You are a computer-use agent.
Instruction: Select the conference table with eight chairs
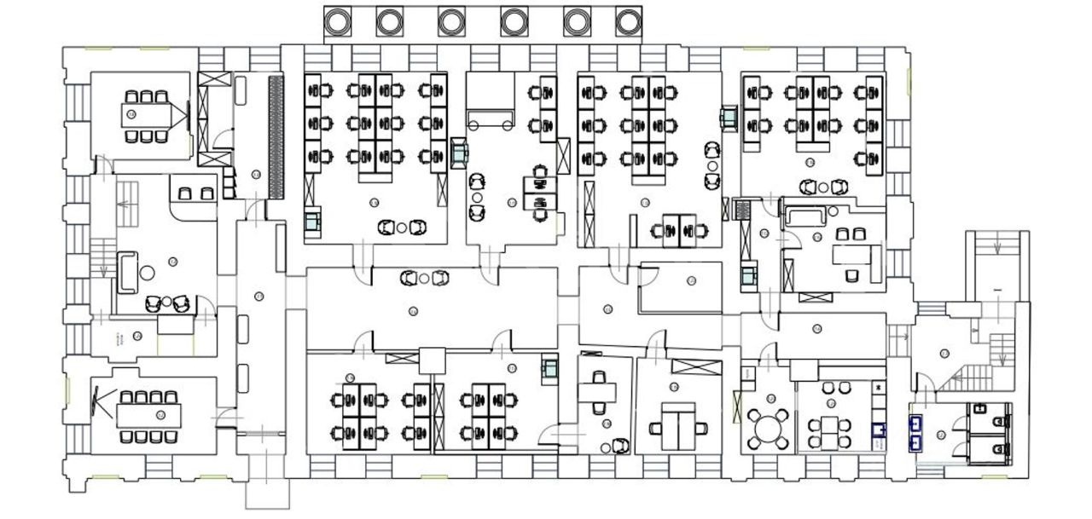[149, 415]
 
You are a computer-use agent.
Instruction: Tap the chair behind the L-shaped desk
[852, 274]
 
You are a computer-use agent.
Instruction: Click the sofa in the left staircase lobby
[127, 271]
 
